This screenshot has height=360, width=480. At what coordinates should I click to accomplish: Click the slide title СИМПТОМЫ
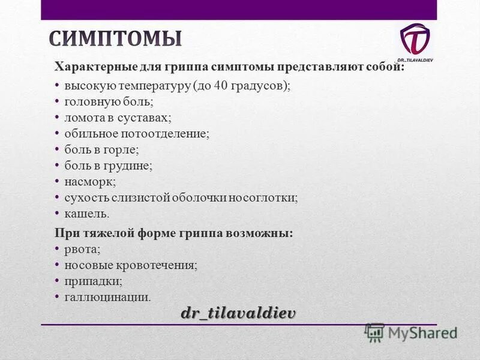click(x=115, y=38)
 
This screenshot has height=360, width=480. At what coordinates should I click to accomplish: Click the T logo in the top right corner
click(x=415, y=40)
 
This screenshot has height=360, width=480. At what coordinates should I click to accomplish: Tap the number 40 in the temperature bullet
click(x=220, y=86)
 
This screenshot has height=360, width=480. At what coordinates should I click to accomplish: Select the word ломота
click(x=83, y=118)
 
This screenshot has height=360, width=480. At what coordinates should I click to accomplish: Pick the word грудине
click(x=131, y=165)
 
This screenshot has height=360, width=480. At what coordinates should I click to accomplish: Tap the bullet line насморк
click(x=90, y=181)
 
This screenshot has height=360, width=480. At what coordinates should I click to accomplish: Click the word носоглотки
click(x=268, y=197)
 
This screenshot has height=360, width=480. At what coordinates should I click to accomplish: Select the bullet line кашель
click(x=87, y=213)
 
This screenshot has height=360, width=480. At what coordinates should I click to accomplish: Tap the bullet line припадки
click(x=93, y=280)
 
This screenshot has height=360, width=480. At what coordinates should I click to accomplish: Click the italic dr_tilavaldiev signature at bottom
click(x=239, y=313)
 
